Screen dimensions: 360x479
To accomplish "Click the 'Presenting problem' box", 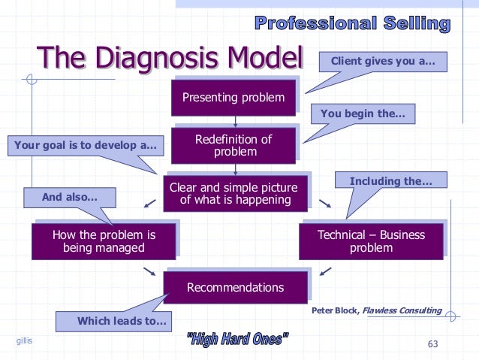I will (233, 98).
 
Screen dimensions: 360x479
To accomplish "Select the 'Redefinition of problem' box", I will (233, 146).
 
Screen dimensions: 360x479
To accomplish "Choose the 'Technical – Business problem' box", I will (371, 241).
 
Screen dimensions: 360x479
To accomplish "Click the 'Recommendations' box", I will (235, 287).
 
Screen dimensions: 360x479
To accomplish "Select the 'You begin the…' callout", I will (363, 114).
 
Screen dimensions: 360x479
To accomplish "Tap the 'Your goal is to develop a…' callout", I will (85, 144).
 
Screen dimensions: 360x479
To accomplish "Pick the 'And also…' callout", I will (69, 197).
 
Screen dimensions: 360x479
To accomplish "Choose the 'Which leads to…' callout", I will (113, 321).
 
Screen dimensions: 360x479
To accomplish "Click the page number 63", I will (432, 344).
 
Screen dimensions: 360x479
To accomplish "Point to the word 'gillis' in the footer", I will (25, 342).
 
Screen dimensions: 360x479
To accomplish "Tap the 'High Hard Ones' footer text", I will (237, 340).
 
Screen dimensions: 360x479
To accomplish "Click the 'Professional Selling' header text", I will (353, 23).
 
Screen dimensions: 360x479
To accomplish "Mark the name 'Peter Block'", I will (335, 310).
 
